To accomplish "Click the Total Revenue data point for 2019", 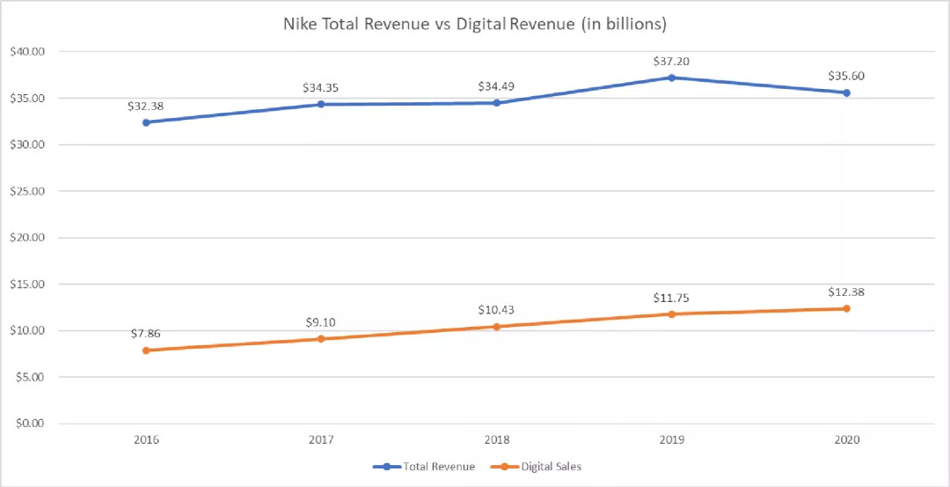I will pos(671,77).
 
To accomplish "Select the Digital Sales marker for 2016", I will pos(146,350).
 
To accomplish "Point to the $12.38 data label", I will pos(846,291).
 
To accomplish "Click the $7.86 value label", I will pos(146,334).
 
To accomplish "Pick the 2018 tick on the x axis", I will pos(496,439).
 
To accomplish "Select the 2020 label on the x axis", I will pos(846,439).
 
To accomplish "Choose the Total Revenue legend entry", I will pos(424,467).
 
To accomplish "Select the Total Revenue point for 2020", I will pos(846,92).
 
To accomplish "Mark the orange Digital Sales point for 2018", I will pos(496,327).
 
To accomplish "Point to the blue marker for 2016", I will pos(146,122).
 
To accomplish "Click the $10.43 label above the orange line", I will pos(496,310).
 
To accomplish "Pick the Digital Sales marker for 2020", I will pos(846,308).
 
